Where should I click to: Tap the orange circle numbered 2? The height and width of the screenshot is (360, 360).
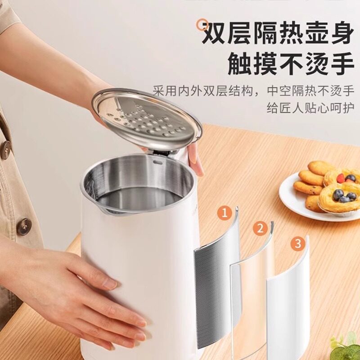(x=259, y=229)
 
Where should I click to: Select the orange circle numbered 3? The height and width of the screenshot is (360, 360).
(x=297, y=243)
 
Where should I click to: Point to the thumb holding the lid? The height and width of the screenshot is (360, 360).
(x=196, y=157)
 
